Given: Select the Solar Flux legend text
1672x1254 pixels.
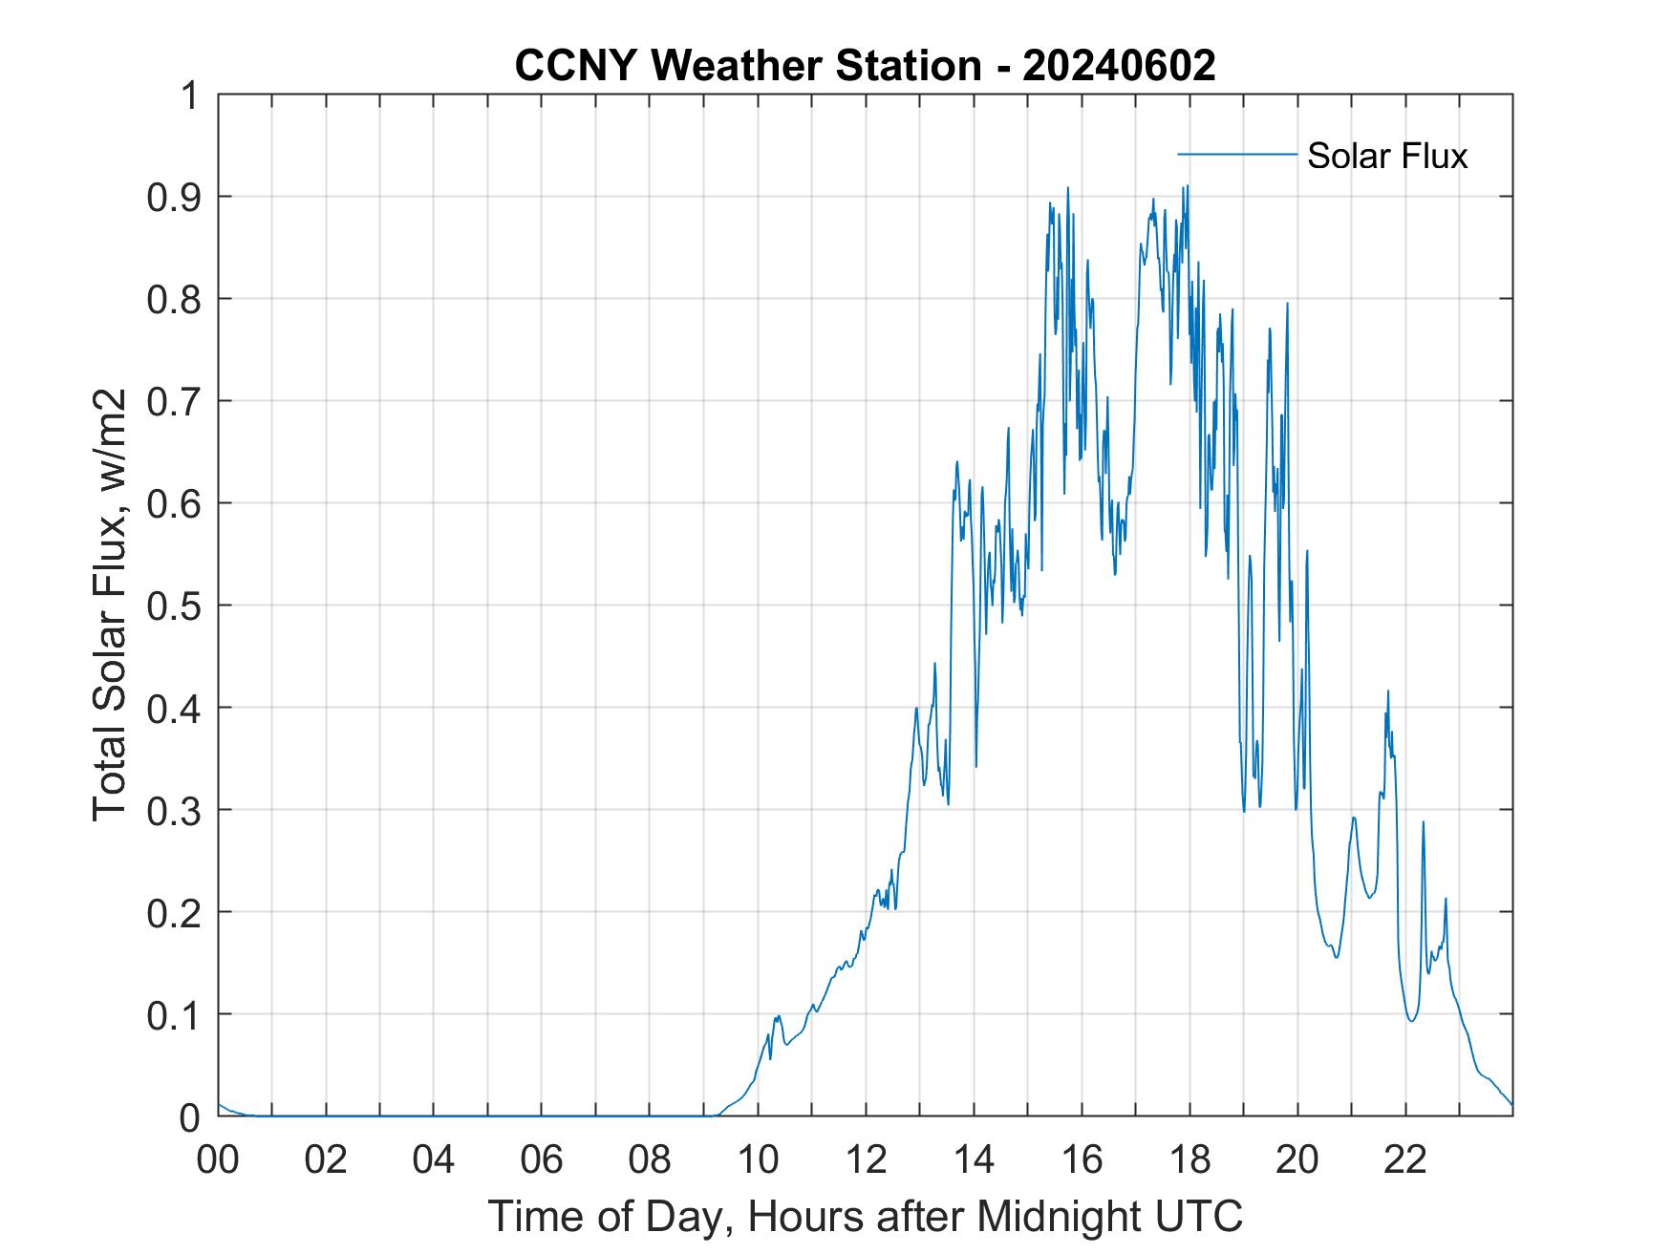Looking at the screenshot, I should (x=1386, y=156).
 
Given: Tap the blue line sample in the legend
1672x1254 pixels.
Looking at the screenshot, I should (x=1236, y=154).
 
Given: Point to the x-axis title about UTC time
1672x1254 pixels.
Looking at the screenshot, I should (x=865, y=1216).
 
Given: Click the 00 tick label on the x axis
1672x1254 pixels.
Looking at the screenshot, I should (x=218, y=1160).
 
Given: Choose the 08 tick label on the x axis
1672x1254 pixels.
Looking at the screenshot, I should (x=650, y=1160).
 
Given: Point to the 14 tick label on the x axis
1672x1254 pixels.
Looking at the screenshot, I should (x=974, y=1160).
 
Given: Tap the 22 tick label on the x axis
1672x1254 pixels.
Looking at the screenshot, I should (x=1405, y=1160).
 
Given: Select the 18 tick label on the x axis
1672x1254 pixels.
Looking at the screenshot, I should (x=1190, y=1160).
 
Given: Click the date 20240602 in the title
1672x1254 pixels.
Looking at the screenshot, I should (x=1119, y=66).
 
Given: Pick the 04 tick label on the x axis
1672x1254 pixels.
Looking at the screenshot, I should (x=434, y=1160).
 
